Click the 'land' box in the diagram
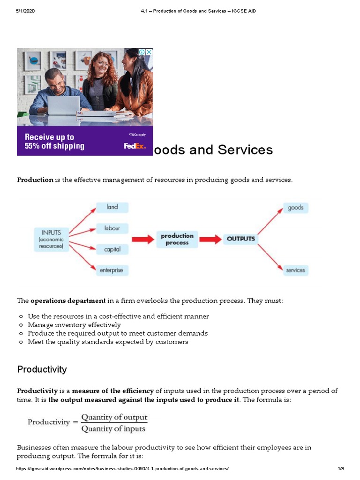point(112,207)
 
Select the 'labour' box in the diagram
point(112,229)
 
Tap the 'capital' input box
point(112,249)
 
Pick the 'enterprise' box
point(112,270)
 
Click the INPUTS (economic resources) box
point(51,239)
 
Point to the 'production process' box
point(177,239)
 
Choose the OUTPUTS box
point(241,239)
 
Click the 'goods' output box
point(295,208)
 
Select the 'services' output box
point(295,270)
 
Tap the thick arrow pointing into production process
point(142,239)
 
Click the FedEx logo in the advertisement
point(135,146)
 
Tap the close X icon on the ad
point(149,52)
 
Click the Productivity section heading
point(42,369)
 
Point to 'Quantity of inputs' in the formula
point(114,428)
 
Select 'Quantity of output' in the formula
point(114,417)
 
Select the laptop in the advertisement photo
point(64,106)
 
